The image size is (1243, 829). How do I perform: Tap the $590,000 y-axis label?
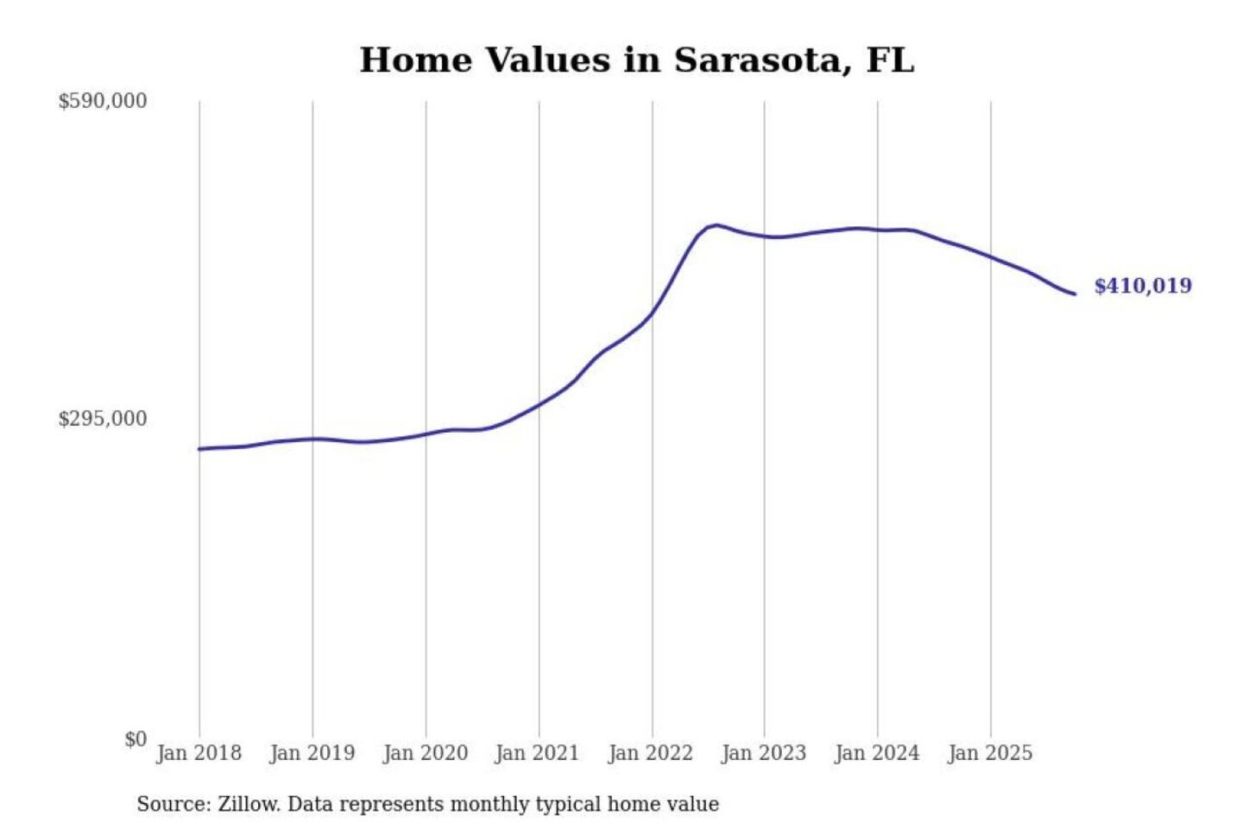coord(102,101)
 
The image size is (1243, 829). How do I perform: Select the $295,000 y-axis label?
coord(102,419)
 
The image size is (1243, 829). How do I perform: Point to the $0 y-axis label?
coord(136,739)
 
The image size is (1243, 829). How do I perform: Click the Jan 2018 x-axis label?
coord(199,753)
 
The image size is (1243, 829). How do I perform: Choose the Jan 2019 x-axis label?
coord(312,753)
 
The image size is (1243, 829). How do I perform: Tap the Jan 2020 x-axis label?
coord(425,753)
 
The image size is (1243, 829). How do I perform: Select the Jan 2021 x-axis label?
coord(537,753)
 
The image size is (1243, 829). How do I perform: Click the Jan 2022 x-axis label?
coord(650,753)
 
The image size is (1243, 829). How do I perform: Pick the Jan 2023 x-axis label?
coord(763,753)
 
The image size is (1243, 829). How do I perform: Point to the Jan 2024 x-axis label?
coord(876,753)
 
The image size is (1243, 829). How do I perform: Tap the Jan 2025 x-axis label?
coord(989,753)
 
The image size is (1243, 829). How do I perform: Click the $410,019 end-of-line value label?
coord(1142,286)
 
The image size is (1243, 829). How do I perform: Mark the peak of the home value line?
coord(716,225)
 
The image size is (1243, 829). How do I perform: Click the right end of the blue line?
coord(1075,294)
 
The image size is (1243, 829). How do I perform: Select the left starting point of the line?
coord(199,449)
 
